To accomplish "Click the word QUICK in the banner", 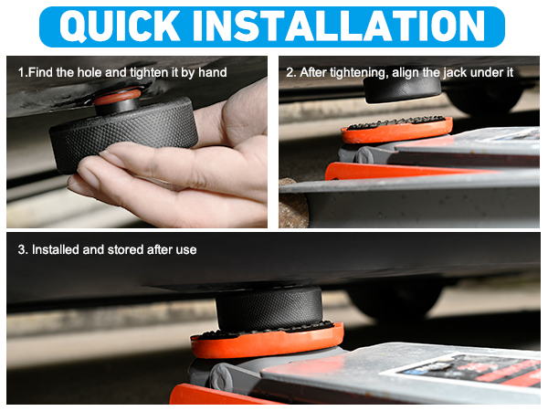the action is [120, 26].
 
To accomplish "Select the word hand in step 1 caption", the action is [213, 72].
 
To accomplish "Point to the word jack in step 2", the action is [455, 73].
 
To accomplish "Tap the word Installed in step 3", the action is [55, 249].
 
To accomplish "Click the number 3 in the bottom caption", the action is [22, 249].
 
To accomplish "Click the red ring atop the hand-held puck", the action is [118, 97].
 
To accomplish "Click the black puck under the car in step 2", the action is [402, 90].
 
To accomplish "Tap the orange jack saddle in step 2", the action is [396, 131].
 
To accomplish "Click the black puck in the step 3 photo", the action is [269, 309].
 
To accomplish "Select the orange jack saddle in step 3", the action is [268, 341].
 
